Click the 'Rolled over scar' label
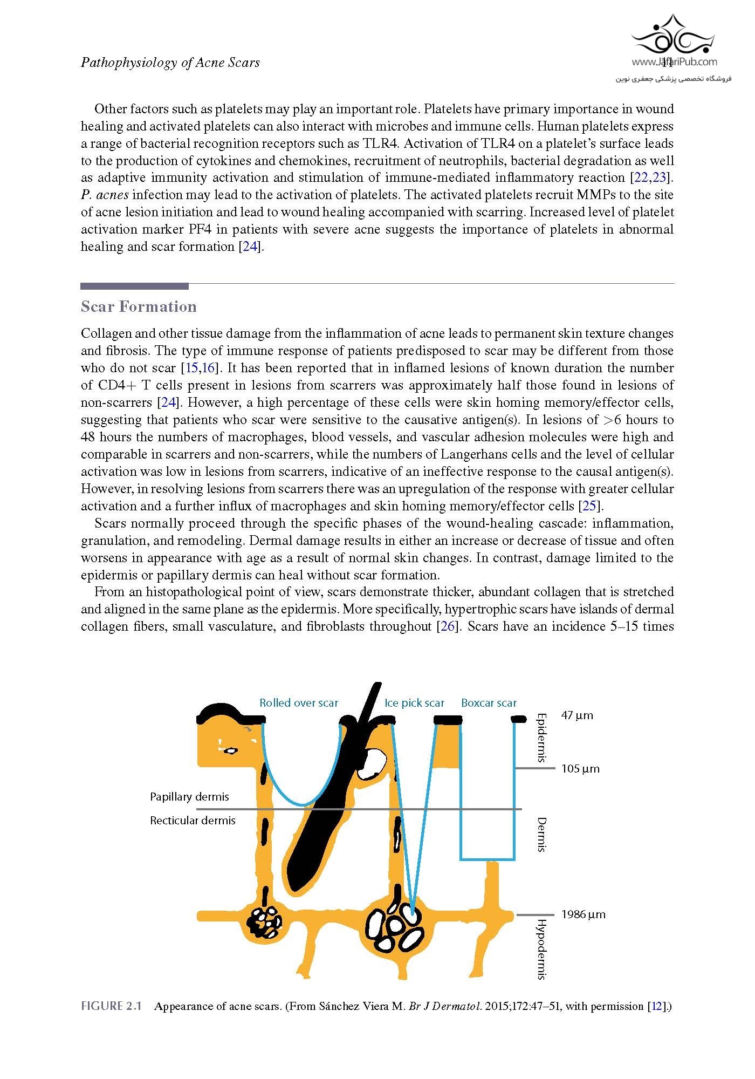(x=299, y=703)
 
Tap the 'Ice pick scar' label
(x=414, y=703)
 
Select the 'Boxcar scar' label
(x=489, y=703)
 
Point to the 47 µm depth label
(x=577, y=716)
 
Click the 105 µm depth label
(x=580, y=769)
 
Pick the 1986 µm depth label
(x=584, y=914)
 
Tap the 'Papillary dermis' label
(x=189, y=797)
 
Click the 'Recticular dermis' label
(x=193, y=821)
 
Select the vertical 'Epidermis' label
(x=542, y=737)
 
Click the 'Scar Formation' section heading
(x=139, y=306)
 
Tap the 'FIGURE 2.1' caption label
(x=111, y=1006)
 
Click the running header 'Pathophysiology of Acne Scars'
(x=170, y=63)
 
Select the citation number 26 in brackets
(x=448, y=626)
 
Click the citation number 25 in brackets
(x=590, y=506)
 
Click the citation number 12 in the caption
(x=659, y=1006)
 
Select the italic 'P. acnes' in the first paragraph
(x=105, y=195)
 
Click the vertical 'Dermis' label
(x=542, y=835)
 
